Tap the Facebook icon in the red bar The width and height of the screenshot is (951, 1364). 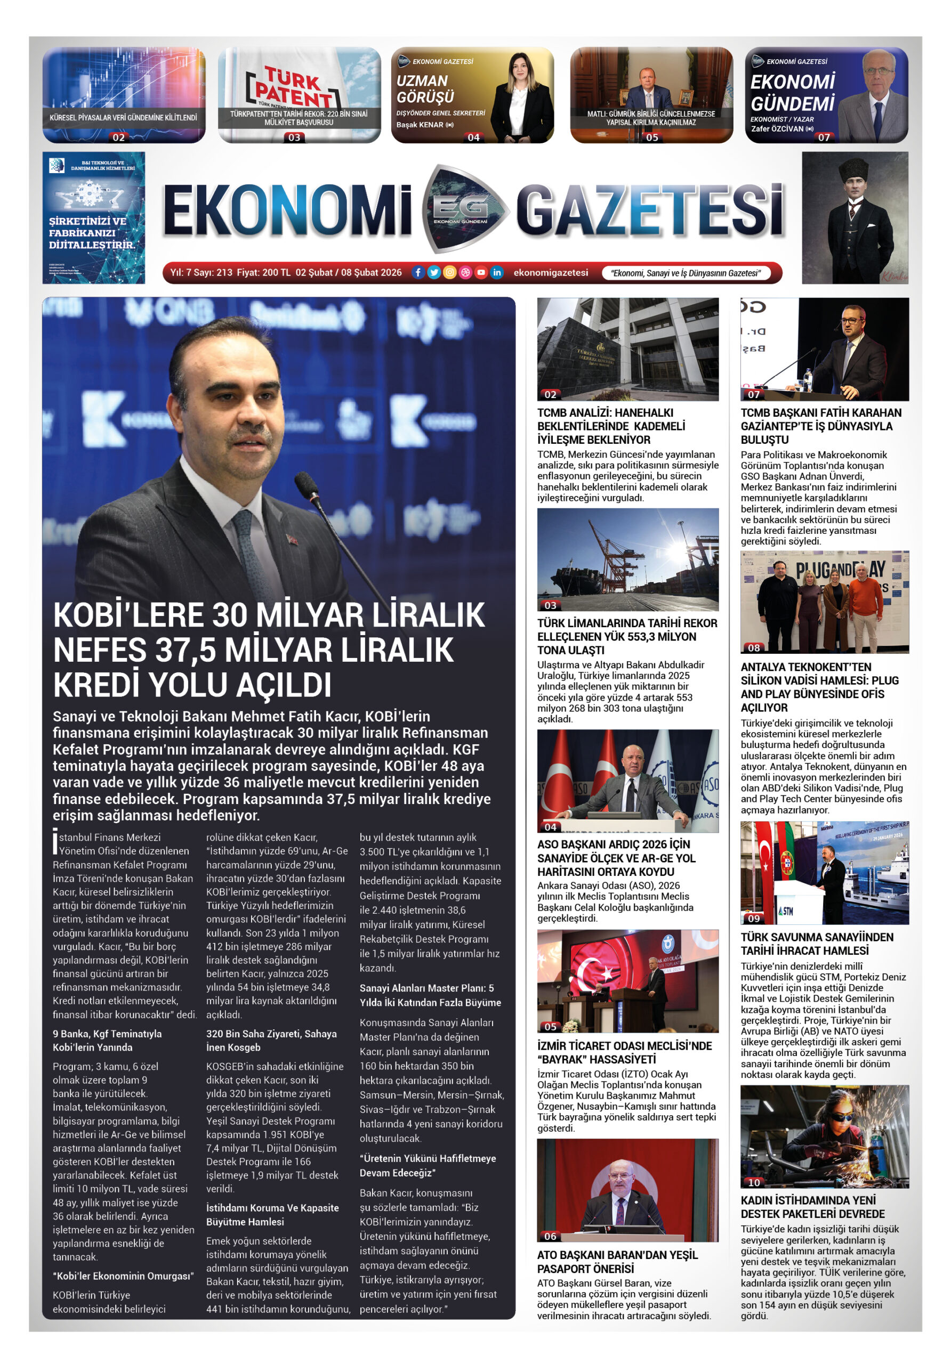[x=418, y=273]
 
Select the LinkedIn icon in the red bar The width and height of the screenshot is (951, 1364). [x=497, y=273]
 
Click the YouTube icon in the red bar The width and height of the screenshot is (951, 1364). [x=481, y=273]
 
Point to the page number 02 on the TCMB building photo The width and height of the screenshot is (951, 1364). [x=550, y=394]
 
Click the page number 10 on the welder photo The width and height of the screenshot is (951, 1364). [x=754, y=1182]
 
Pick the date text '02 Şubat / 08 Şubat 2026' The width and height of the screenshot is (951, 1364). [x=348, y=273]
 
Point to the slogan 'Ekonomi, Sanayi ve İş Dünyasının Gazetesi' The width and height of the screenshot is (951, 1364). [x=686, y=273]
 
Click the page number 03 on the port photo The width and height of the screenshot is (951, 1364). [x=550, y=605]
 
